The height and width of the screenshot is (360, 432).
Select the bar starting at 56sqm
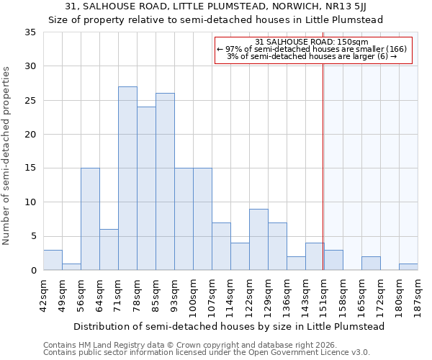click(x=90, y=219)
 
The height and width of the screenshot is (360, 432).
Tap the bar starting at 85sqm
click(x=165, y=181)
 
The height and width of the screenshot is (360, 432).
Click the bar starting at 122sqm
click(x=258, y=239)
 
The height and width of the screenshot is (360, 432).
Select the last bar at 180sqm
click(x=408, y=266)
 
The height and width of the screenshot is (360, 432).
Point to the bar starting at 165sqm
click(x=371, y=263)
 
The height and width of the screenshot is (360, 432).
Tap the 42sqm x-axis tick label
click(x=43, y=294)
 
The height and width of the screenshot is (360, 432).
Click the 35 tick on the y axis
click(x=30, y=32)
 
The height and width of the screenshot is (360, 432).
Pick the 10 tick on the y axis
click(x=30, y=202)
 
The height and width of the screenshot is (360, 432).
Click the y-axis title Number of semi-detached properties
click(x=7, y=155)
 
